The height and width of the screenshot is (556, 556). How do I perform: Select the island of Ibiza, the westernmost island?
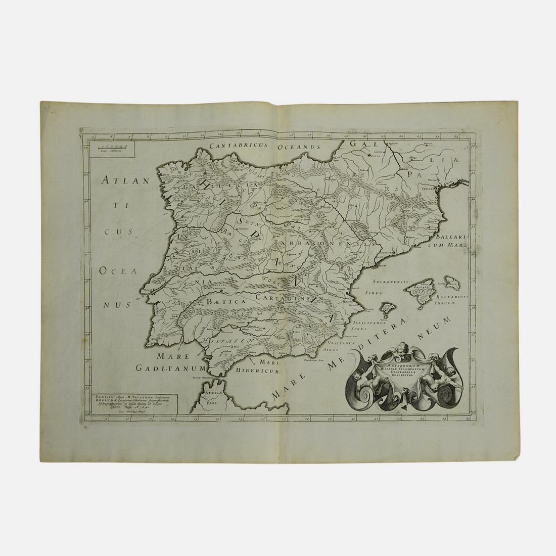[x=387, y=309]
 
